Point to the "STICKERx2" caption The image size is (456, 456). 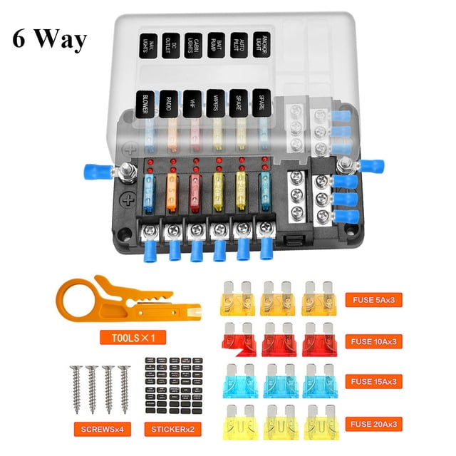point(168,430)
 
